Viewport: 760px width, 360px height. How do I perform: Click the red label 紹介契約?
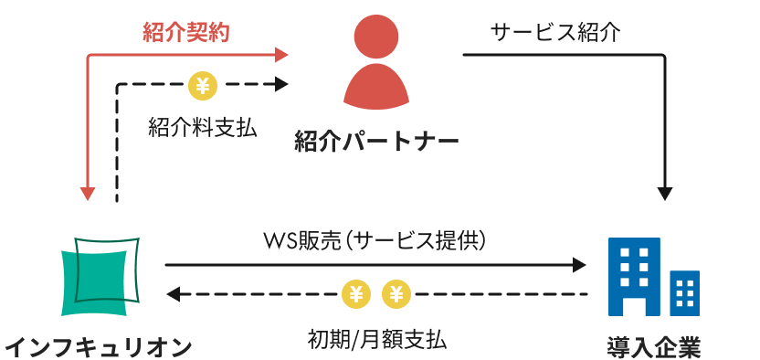click(x=185, y=34)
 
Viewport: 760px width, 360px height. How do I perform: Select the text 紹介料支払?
click(x=202, y=128)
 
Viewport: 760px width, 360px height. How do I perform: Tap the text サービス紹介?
click(x=554, y=34)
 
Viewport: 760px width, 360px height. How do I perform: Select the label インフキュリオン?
click(x=99, y=346)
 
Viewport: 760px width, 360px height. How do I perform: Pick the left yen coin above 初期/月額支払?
click(x=355, y=294)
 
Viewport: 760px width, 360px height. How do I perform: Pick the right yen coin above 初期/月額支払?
click(x=396, y=294)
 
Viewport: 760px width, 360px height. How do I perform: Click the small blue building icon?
click(x=684, y=291)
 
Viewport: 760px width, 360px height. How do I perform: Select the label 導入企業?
click(x=654, y=346)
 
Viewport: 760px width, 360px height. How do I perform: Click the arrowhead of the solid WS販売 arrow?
click(x=579, y=265)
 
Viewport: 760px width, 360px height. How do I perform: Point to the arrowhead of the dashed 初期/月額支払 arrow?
click(x=174, y=294)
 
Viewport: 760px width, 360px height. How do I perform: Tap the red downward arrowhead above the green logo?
click(x=88, y=194)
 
